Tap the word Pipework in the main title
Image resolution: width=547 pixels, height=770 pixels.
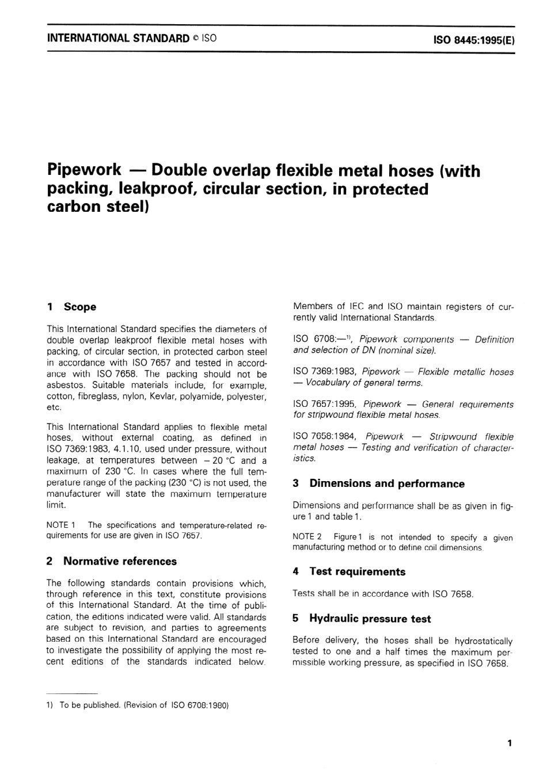click(84, 170)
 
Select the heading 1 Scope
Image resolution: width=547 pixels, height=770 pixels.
click(71, 307)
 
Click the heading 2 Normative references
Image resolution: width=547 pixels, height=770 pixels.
click(112, 561)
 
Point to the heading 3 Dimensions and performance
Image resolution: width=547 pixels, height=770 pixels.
click(378, 484)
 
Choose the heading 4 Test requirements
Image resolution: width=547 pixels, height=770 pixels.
click(349, 571)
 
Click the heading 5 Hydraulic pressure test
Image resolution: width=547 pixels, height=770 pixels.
click(362, 619)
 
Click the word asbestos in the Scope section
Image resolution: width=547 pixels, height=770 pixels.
click(64, 385)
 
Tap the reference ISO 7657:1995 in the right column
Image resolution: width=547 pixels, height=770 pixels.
click(324, 405)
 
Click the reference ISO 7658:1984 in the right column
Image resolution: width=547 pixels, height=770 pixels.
click(324, 437)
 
